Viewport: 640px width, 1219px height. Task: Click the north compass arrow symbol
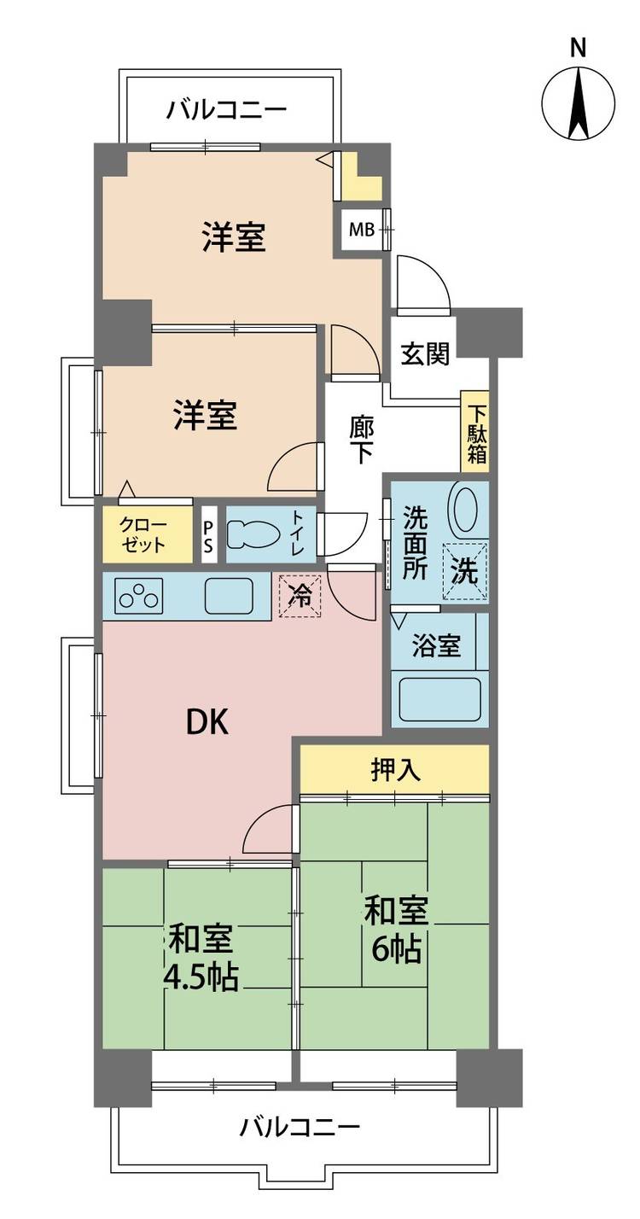click(578, 102)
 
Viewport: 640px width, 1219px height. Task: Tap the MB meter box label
click(362, 230)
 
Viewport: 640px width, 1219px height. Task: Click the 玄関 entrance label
click(426, 355)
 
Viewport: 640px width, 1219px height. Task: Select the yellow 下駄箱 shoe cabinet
click(474, 432)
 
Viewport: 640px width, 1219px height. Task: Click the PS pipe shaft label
click(208, 537)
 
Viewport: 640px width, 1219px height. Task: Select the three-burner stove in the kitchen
click(139, 596)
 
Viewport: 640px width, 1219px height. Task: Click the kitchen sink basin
click(229, 597)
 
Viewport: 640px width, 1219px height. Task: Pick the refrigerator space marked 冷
click(300, 596)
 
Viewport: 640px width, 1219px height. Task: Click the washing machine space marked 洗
click(464, 571)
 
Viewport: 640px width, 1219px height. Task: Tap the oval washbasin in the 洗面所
click(465, 510)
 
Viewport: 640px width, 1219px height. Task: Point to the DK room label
click(207, 723)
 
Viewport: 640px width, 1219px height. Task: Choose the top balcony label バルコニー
click(226, 110)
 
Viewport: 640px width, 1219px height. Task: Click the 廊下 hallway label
click(361, 440)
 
